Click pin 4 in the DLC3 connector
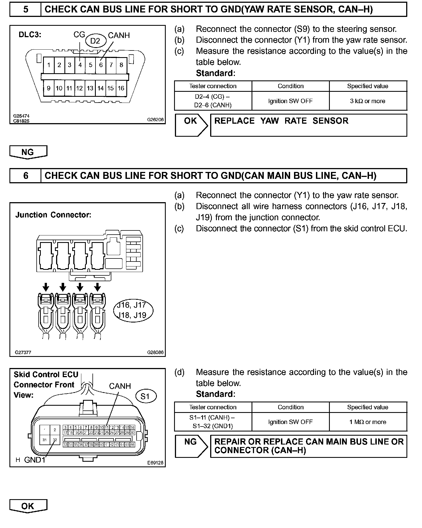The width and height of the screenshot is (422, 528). click(80, 65)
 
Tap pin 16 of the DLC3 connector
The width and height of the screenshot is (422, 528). click(121, 88)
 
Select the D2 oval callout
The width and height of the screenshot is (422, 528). click(95, 41)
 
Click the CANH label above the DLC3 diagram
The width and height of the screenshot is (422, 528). click(119, 35)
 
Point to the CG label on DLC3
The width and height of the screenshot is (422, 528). click(79, 35)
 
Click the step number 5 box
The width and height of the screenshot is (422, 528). click(26, 9)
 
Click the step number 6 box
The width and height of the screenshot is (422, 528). click(26, 176)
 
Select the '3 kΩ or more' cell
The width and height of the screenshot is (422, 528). click(368, 101)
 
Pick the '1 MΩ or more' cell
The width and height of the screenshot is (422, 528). click(368, 422)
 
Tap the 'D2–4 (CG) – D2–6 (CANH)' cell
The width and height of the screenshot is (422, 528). click(213, 101)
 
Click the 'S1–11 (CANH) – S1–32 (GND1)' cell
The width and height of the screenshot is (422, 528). click(213, 422)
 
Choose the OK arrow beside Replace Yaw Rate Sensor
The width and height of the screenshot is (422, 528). click(191, 125)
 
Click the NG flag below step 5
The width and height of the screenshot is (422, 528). click(28, 152)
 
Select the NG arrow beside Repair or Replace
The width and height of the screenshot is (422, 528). click(191, 446)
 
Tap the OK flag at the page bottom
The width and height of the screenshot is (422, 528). click(28, 506)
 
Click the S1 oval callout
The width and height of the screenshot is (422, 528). click(145, 397)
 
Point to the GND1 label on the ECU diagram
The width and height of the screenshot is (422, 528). click(35, 460)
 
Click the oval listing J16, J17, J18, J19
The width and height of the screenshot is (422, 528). click(134, 310)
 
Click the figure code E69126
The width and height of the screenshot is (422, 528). click(155, 463)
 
